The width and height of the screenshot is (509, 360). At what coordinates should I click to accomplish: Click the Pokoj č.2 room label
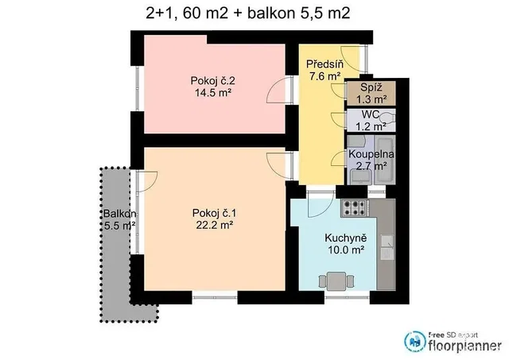coord(212,80)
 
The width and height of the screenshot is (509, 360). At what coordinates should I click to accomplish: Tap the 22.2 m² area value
coord(215,225)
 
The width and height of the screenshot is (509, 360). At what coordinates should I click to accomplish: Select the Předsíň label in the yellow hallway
coord(324,64)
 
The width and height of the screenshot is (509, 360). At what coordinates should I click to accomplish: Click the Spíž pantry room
coord(371,94)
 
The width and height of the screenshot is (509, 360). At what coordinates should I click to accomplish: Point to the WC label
coord(371,114)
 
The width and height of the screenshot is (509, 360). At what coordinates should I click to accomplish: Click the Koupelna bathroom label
coord(371,154)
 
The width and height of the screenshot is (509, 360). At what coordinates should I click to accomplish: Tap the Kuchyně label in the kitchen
coord(346,238)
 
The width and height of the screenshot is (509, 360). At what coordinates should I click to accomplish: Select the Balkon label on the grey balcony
coord(120,214)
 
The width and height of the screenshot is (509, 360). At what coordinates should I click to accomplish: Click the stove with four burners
coord(355,208)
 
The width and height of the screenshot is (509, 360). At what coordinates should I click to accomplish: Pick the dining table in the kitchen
coord(336,281)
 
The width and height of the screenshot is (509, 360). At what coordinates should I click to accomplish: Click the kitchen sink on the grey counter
coord(387,247)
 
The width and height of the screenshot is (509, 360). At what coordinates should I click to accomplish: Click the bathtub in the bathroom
coord(385,160)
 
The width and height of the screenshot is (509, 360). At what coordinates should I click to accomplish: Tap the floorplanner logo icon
coord(414,342)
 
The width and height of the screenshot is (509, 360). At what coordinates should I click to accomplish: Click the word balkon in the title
coord(270,14)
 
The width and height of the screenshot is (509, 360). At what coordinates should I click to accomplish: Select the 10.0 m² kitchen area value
coord(345,250)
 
